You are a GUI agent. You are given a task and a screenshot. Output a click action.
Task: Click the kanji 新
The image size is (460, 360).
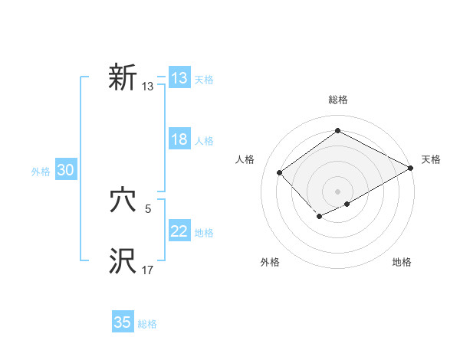point(123,78)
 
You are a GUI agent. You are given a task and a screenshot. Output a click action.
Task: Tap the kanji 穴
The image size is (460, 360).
point(123,200)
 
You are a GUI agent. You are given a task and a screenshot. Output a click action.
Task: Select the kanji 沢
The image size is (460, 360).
point(123,260)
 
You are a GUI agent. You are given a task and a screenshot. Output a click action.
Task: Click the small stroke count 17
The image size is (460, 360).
point(147,270)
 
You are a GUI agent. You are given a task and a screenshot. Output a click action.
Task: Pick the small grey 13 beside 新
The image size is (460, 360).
point(147,87)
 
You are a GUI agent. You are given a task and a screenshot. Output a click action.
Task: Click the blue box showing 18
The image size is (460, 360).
point(179,139)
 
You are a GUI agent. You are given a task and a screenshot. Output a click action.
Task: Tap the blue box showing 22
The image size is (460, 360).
point(179,231)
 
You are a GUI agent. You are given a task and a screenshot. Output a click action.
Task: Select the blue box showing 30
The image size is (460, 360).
point(65,171)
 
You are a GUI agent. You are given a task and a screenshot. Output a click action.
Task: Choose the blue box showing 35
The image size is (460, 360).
point(123,322)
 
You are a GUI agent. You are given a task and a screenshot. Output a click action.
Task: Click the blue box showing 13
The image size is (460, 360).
point(179,78)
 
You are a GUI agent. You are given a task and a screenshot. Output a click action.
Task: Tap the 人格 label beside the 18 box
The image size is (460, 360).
point(204,141)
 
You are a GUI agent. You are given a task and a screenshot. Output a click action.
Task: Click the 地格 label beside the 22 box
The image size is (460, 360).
point(204,233)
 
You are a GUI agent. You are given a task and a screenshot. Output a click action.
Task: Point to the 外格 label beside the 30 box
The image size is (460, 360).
point(41,172)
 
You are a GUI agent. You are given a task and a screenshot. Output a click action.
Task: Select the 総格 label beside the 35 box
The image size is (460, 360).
point(147,324)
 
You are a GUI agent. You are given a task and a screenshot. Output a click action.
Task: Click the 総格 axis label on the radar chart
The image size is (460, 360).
point(337,100)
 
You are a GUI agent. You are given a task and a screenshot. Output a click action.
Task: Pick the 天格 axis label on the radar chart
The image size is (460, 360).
point(431,159)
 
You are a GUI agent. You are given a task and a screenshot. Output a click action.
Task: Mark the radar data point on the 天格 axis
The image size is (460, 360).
point(412,169)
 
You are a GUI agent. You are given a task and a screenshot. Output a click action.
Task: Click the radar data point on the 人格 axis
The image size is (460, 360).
point(280,172)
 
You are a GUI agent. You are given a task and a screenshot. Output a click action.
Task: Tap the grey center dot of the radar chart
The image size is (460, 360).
point(337,191)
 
